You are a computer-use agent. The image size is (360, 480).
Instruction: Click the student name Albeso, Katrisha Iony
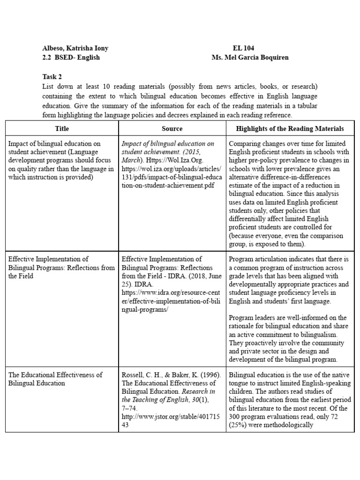(x=75, y=48)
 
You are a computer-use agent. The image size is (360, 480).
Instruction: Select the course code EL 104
(x=243, y=48)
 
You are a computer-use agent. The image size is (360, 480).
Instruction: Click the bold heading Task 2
(x=52, y=77)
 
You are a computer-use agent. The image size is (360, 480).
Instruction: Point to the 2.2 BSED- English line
(x=71, y=57)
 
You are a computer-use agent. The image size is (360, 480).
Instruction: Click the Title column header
(x=62, y=128)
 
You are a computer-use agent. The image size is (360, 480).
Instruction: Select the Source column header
(x=172, y=128)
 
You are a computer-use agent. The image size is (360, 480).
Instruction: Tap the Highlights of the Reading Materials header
(x=290, y=128)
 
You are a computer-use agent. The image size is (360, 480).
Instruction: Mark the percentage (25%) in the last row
(x=239, y=425)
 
